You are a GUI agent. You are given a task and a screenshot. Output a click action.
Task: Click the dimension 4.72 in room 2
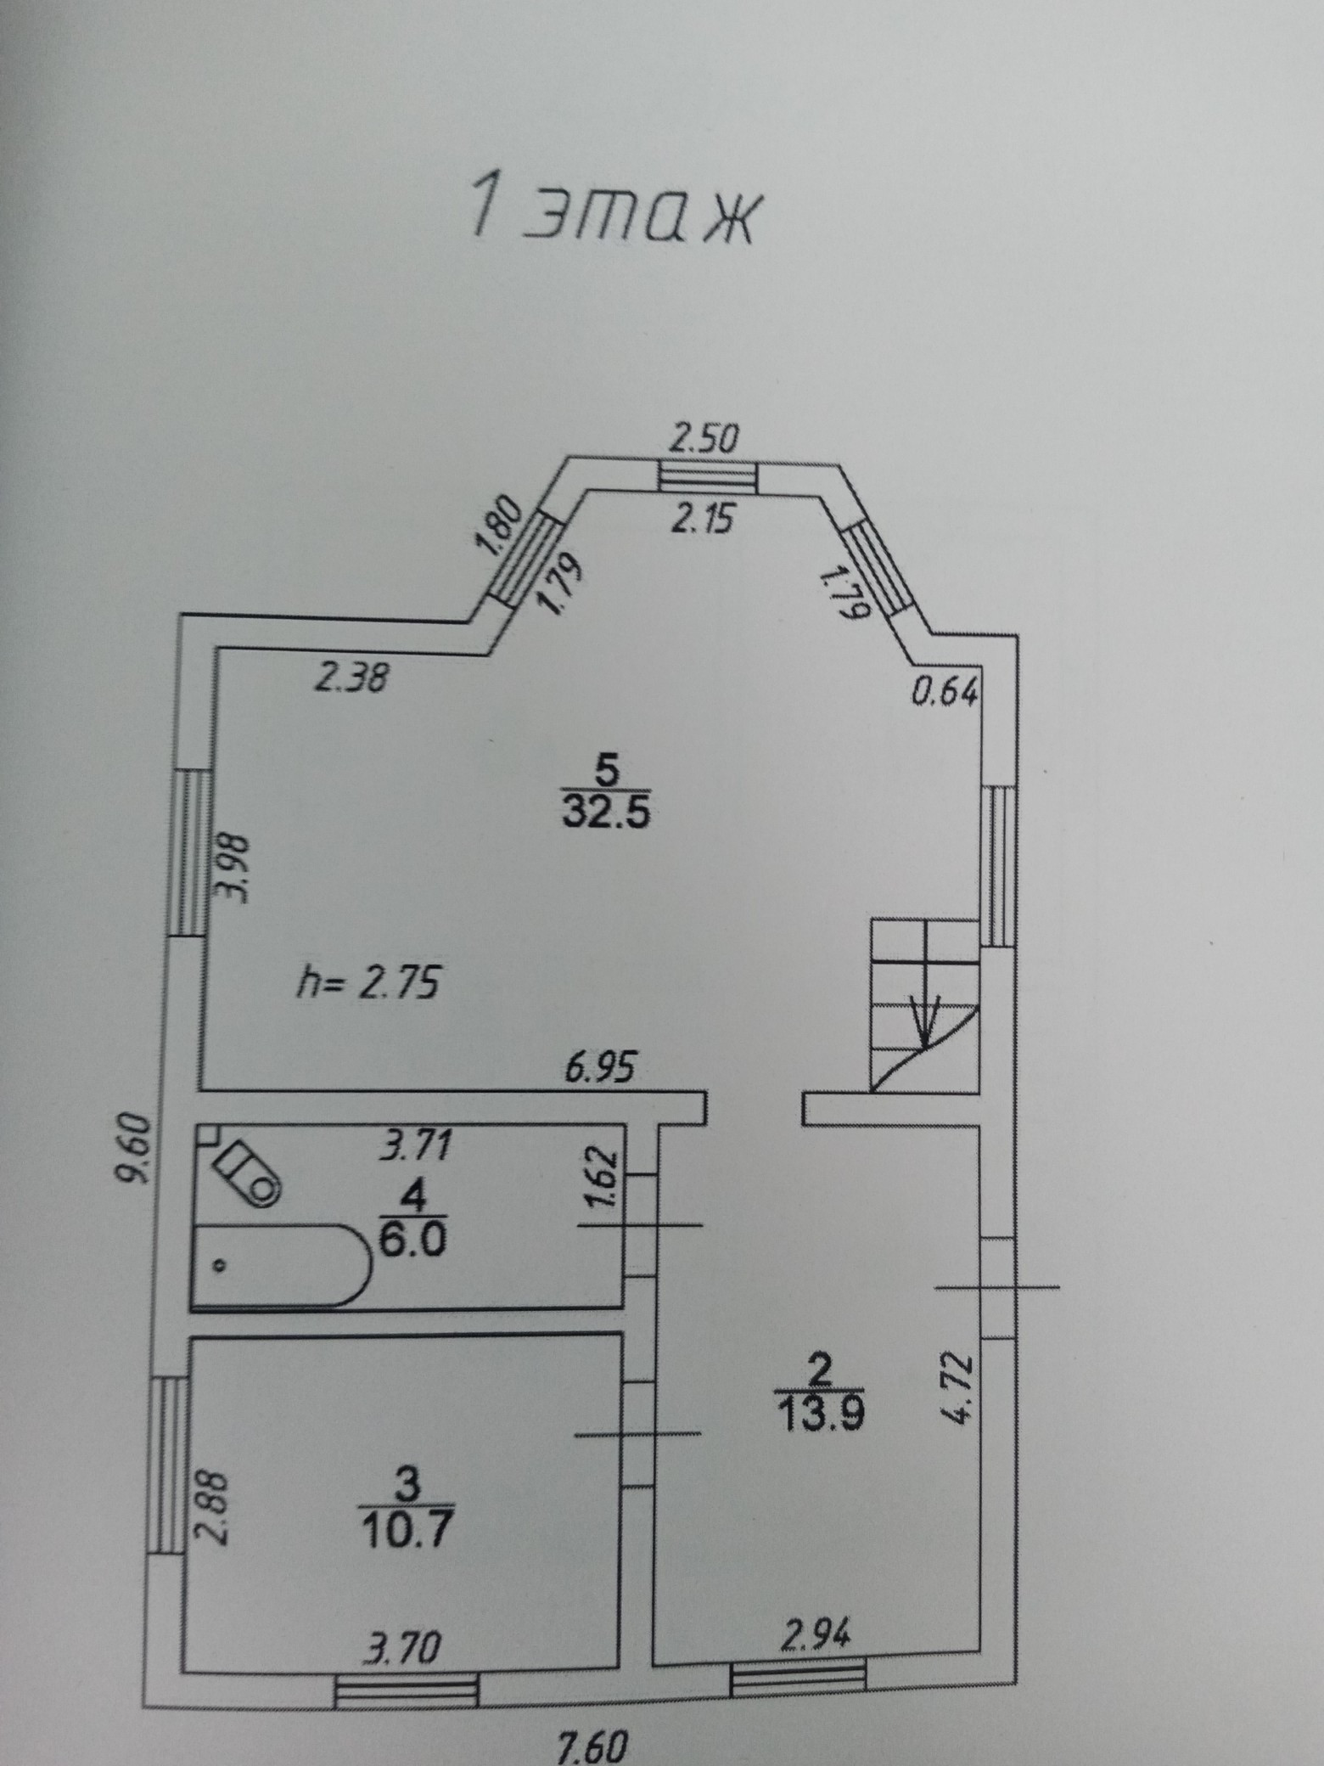pos(956,1392)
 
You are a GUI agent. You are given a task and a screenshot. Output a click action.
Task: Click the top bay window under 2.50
pos(708,477)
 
